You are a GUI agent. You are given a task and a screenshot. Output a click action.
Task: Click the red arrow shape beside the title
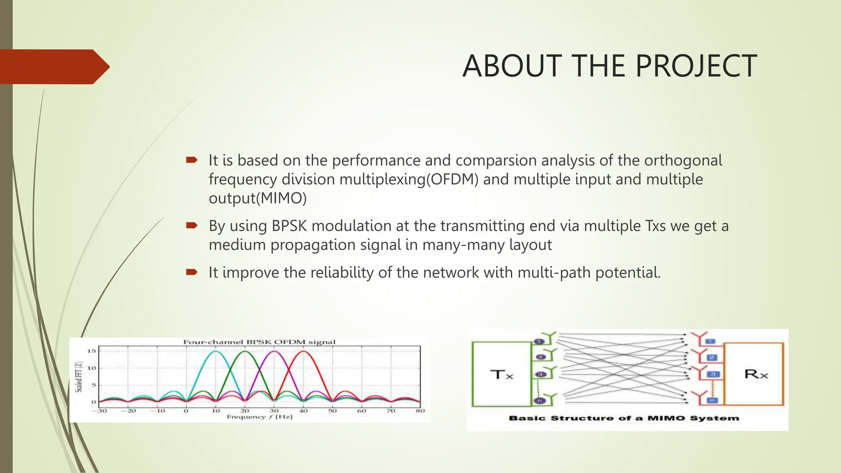pyautogui.click(x=53, y=67)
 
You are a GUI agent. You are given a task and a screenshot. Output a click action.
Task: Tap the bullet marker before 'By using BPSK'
pyautogui.click(x=192, y=225)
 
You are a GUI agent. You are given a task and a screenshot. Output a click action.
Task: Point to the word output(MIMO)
pyautogui.click(x=257, y=198)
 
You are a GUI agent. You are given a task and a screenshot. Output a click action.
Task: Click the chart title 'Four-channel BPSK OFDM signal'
pyautogui.click(x=259, y=342)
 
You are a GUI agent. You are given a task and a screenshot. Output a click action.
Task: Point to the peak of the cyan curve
pyautogui.click(x=215, y=351)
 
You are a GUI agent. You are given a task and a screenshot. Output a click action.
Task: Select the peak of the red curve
pyautogui.click(x=303, y=351)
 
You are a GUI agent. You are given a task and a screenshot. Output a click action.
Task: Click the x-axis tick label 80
pyautogui.click(x=420, y=411)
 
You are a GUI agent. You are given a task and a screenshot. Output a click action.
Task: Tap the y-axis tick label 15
pyautogui.click(x=91, y=351)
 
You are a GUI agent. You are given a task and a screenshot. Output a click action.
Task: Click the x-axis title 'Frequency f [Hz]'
pyautogui.click(x=259, y=417)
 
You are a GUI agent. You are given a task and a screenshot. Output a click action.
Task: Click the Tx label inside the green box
pyautogui.click(x=501, y=374)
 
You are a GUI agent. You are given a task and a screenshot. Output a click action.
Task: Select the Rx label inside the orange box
pyautogui.click(x=756, y=374)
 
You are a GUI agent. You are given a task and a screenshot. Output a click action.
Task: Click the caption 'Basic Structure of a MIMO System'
pyautogui.click(x=624, y=418)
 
